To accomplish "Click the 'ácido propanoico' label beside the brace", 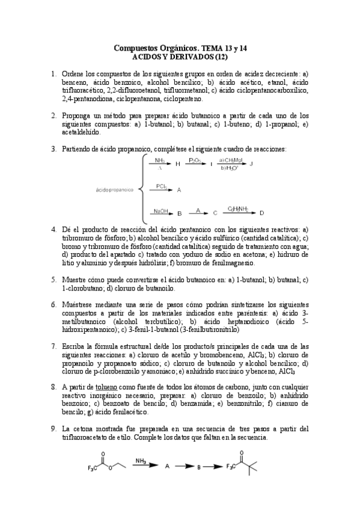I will tap(114, 190).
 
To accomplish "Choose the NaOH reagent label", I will tap(160, 210).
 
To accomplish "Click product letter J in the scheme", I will tap(251, 164).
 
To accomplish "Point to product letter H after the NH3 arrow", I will tap(177, 164).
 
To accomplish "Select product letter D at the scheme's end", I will tap(261, 213).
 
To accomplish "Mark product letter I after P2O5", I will tap(211, 164).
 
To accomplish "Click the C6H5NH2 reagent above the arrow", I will tap(239, 209).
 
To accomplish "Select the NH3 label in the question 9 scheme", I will tap(141, 461).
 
